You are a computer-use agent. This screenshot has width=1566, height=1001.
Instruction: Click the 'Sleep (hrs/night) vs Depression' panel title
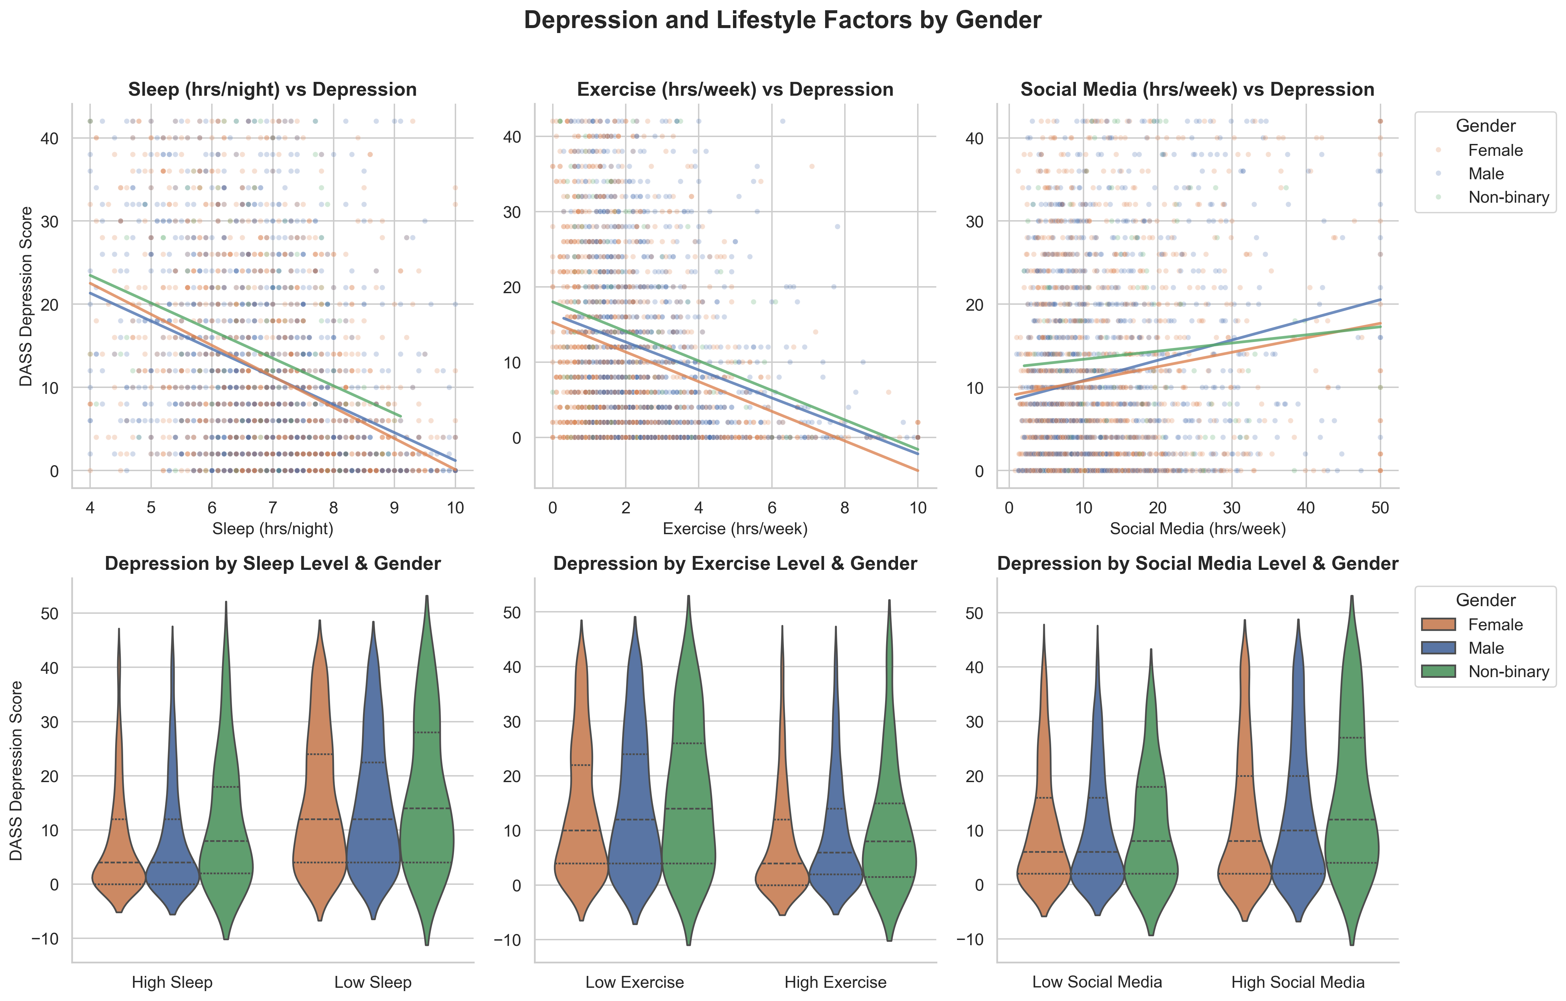pos(273,90)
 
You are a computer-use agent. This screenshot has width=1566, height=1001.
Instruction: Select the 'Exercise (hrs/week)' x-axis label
pos(735,529)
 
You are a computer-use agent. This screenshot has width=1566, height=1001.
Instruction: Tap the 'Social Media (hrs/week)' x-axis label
pos(1197,529)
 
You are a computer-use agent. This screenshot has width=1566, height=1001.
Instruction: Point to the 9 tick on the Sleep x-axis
pos(394,508)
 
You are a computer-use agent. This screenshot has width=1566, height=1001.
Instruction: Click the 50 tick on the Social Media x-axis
pos(1380,508)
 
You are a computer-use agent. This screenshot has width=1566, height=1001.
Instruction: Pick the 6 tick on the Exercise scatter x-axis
pos(771,508)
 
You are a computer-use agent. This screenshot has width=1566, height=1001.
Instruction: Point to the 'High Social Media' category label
pos(1297,982)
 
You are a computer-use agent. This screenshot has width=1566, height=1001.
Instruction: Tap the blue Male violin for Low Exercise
pos(635,813)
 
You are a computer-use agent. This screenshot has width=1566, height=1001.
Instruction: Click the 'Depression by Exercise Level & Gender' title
pos(735,564)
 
